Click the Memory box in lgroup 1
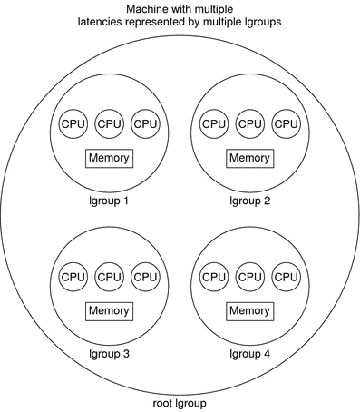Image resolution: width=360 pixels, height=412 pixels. click(x=109, y=158)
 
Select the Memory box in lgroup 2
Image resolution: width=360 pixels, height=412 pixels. click(x=249, y=158)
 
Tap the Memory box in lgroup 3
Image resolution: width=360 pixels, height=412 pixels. click(x=109, y=311)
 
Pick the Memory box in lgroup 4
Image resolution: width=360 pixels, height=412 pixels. click(x=249, y=311)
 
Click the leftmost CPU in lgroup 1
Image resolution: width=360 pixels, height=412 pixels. click(x=73, y=123)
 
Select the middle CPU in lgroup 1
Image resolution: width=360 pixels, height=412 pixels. click(x=109, y=123)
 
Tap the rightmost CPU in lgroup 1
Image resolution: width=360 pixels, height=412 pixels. click(x=145, y=123)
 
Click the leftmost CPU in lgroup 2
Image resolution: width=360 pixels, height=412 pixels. click(x=213, y=123)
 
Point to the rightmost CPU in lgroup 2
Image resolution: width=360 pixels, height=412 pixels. click(x=286, y=123)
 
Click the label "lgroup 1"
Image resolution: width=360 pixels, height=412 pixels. click(x=108, y=201)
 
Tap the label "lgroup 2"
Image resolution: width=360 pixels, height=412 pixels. click(x=249, y=201)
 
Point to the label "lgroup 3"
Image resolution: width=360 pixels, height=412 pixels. click(x=108, y=354)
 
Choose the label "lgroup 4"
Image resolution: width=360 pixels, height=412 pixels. click(x=249, y=354)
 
